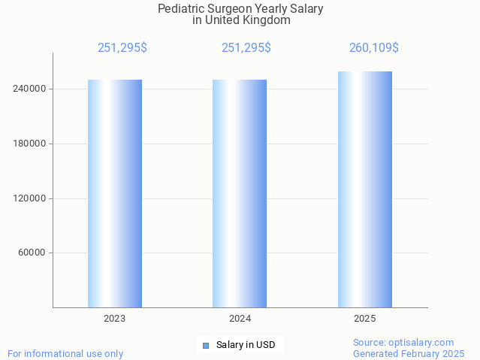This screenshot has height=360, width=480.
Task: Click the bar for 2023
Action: click(x=115, y=193)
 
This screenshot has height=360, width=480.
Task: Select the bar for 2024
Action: click(x=240, y=193)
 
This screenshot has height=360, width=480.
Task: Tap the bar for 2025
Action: click(x=365, y=189)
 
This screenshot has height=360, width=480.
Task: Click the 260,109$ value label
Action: click(x=373, y=48)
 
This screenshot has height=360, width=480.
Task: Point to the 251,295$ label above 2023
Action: click(x=122, y=48)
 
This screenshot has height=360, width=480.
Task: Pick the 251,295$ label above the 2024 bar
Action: click(x=246, y=48)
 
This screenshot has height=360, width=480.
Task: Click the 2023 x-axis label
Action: click(x=115, y=319)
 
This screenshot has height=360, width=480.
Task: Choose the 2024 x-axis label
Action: click(x=240, y=319)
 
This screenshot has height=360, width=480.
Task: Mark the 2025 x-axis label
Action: click(x=365, y=319)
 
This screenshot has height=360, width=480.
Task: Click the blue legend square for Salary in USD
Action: click(x=206, y=346)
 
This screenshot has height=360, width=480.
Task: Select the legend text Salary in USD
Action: click(x=246, y=346)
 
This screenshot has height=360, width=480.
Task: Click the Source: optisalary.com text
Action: click(x=403, y=342)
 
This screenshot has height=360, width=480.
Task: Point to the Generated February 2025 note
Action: click(x=409, y=353)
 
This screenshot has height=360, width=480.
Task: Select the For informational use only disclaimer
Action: click(x=65, y=353)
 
